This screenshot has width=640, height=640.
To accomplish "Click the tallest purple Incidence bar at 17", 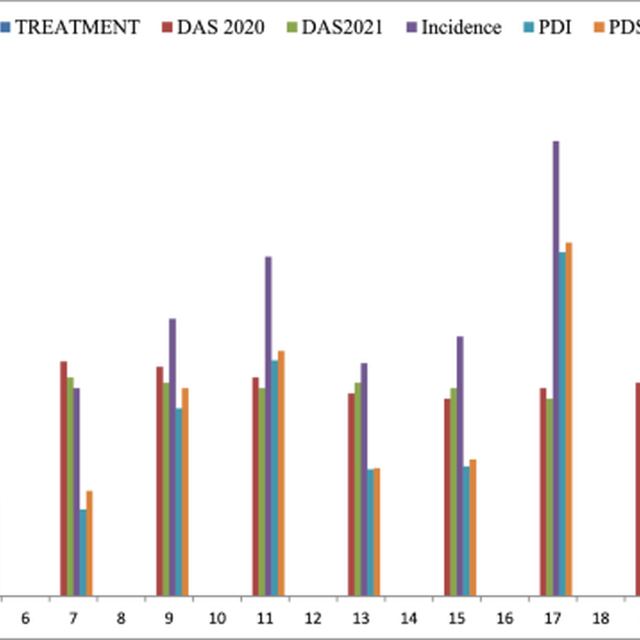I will [x=556, y=368].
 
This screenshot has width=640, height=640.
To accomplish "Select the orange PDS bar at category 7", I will [x=90, y=543].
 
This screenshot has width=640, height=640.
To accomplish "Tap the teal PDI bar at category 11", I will [x=275, y=478].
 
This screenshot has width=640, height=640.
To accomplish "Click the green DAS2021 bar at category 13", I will [x=358, y=489].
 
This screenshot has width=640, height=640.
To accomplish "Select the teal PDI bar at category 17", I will [x=562, y=423].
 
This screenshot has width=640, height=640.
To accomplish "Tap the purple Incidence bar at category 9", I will [x=172, y=457].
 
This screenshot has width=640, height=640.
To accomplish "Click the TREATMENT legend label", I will [x=77, y=27].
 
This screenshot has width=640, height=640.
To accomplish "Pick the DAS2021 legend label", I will [x=342, y=27].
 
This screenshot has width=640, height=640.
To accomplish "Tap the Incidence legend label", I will [x=461, y=27].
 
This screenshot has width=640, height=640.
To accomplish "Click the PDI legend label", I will [x=555, y=27].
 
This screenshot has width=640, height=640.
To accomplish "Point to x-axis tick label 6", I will [x=25, y=619].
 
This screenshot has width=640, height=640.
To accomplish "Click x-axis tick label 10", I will [x=217, y=619].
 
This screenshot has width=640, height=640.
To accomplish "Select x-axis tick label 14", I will [x=409, y=619].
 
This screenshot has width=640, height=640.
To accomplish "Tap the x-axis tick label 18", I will [x=601, y=619].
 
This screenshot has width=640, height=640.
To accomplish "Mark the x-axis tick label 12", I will [x=313, y=619].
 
